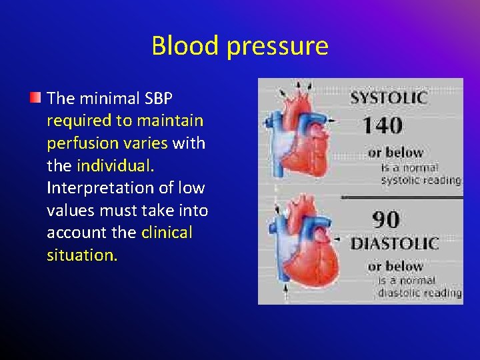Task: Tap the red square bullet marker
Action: (35, 99)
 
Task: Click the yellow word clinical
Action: (167, 233)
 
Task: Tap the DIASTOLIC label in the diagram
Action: (395, 243)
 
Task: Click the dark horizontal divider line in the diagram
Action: (400, 197)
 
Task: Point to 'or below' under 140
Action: (395, 153)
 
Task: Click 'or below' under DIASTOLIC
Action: (395, 267)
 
